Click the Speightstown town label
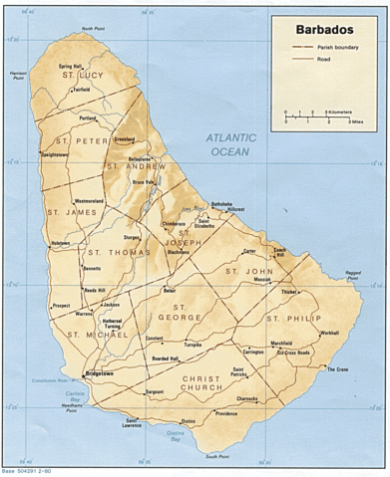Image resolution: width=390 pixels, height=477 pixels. pyautogui.click(x=55, y=155)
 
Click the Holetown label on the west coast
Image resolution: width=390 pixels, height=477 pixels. pyautogui.click(x=60, y=243)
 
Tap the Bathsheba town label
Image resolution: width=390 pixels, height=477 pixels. pyautogui.click(x=221, y=204)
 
